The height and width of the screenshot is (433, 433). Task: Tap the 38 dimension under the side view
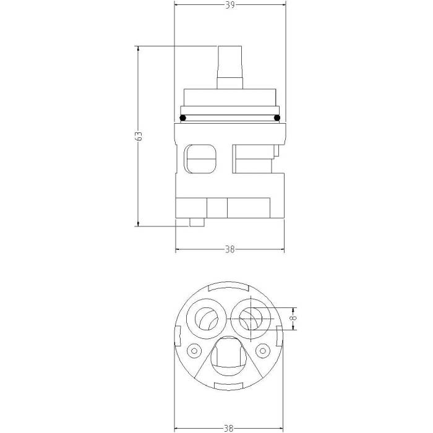click(x=229, y=250)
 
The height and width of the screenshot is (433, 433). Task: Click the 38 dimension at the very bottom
click(x=229, y=427)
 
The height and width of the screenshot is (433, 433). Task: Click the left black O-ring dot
click(x=182, y=118)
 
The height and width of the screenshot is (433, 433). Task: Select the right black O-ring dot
click(x=277, y=118)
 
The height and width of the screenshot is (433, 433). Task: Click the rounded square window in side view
click(x=200, y=160)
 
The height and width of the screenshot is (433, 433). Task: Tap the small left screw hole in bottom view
click(x=194, y=351)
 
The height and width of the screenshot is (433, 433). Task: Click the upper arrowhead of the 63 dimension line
click(x=138, y=49)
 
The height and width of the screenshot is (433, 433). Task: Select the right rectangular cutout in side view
click(x=252, y=159)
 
